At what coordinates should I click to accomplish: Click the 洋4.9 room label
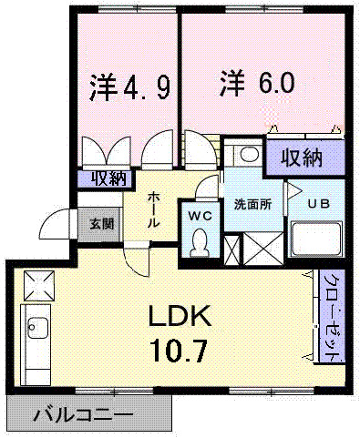pos(129,87)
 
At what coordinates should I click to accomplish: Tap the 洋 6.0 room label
pos(257,82)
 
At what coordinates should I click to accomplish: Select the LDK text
pos(180,316)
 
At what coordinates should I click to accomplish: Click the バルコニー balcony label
pos(83,414)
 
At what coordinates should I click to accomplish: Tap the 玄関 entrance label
pos(102,224)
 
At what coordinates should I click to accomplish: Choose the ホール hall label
pos(153,209)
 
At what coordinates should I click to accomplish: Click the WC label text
pos(200,216)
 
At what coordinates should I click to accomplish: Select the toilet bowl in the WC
pos(200,243)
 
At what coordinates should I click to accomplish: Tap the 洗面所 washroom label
pos(252,205)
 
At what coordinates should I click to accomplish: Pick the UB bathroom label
pos(319,204)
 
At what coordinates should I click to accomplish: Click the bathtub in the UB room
pos(316,239)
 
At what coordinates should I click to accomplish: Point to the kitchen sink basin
pos(37,329)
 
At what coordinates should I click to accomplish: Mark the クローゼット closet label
pos(333,316)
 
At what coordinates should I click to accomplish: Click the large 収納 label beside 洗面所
pos(301,158)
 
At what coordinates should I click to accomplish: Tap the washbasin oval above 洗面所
pos(250,154)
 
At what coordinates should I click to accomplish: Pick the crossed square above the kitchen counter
pos(39,285)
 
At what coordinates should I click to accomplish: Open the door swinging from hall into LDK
pos(136,259)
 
